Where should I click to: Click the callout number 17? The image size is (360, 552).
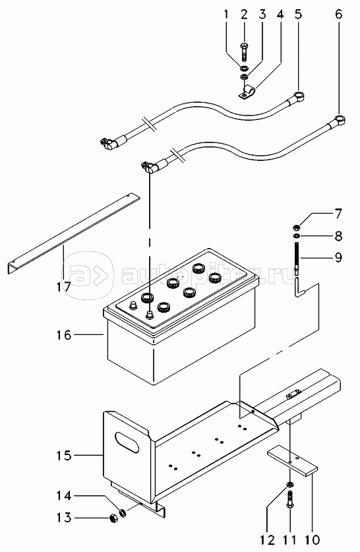click(64, 288)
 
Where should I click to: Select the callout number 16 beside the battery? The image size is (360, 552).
click(64, 335)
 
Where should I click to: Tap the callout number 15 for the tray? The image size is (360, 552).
click(64, 456)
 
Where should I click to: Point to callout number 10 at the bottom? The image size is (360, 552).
click(313, 539)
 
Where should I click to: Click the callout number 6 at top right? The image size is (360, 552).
click(338, 15)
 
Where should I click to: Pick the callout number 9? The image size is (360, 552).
click(338, 258)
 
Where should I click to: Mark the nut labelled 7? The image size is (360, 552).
click(296, 227)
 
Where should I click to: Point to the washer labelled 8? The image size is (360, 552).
click(296, 235)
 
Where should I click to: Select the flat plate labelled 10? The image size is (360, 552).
click(292, 462)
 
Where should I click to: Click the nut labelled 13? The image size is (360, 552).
click(113, 518)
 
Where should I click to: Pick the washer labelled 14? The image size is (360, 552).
click(123, 513)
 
